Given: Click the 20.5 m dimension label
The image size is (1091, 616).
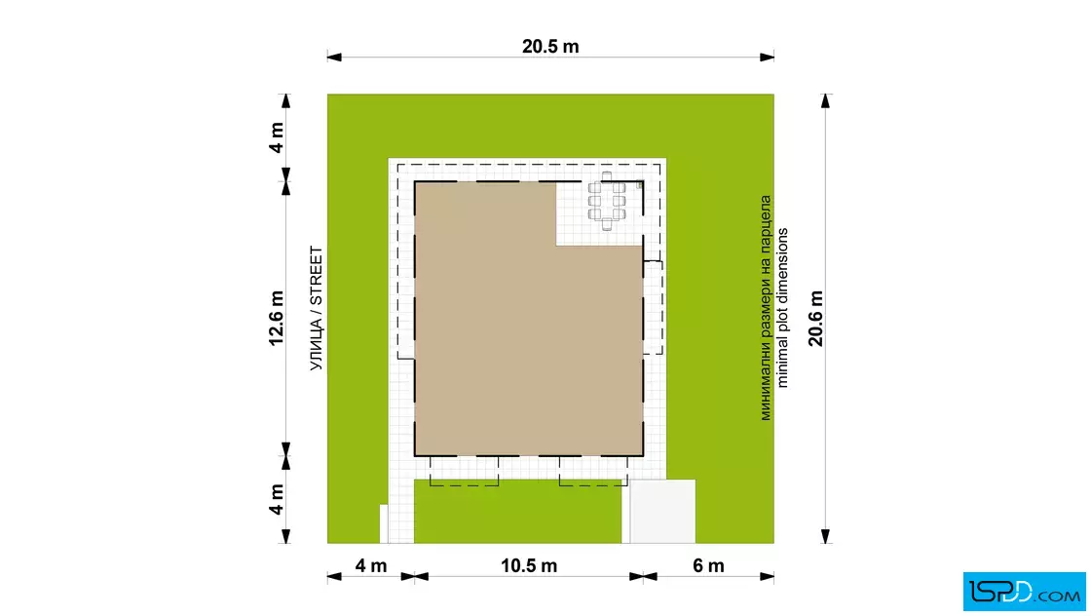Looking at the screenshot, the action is pyautogui.click(x=550, y=47).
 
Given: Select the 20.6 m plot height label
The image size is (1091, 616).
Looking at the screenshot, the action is pyautogui.click(x=815, y=318).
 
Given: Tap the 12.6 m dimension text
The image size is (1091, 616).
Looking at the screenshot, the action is pyautogui.click(x=277, y=318).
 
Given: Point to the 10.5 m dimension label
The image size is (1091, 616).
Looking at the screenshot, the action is pyautogui.click(x=529, y=566).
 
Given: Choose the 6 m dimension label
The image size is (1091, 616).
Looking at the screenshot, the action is pyautogui.click(x=708, y=566).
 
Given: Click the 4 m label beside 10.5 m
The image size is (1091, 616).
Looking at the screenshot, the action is pyautogui.click(x=371, y=566).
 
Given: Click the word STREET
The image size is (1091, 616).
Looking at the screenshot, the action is pyautogui.click(x=317, y=276).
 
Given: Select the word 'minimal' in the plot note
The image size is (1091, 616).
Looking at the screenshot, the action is pyautogui.click(x=783, y=364).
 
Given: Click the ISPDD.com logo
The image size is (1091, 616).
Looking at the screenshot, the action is pyautogui.click(x=1024, y=592).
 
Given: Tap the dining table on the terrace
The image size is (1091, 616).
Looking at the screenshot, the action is pyautogui.click(x=607, y=201).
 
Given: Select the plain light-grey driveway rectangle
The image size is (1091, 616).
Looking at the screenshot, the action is pyautogui.click(x=662, y=511).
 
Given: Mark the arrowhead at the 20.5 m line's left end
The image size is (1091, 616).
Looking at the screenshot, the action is pyautogui.click(x=335, y=58).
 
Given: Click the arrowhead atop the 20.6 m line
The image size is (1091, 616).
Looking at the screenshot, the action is pyautogui.click(x=825, y=101).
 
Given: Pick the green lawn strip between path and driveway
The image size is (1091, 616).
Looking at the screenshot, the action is pyautogui.click(x=517, y=511).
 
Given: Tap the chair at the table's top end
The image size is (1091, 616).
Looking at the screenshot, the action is pyautogui.click(x=607, y=176).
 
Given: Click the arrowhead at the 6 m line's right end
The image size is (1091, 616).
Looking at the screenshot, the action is pyautogui.click(x=767, y=576).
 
